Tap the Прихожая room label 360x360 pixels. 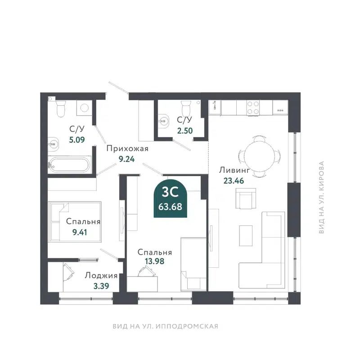[x=127, y=149]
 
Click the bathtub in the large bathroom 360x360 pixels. [x=69, y=164]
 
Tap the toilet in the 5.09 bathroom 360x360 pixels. [x=60, y=108]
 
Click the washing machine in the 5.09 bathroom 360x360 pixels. [x=83, y=108]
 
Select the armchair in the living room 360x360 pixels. [x=245, y=199]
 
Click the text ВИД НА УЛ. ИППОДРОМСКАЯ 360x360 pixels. [x=165, y=326]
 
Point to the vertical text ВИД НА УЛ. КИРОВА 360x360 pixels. [x=321, y=198]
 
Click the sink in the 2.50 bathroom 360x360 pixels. [x=164, y=121]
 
